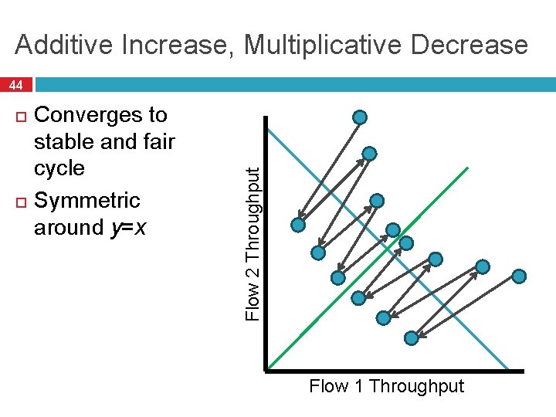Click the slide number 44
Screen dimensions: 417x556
click(16, 84)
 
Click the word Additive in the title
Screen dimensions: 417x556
click(61, 45)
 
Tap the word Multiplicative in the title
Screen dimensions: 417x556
click(325, 45)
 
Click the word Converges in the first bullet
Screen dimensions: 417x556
click(101, 115)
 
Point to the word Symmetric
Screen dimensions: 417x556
click(88, 200)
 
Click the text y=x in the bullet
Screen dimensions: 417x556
click(131, 227)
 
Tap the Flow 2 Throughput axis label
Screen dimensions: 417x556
click(252, 245)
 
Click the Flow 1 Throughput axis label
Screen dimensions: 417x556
click(386, 386)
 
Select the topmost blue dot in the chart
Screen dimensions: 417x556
click(360, 117)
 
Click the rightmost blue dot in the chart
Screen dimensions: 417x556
click(520, 276)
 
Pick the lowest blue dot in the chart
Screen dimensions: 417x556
click(412, 337)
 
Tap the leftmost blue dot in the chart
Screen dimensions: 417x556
click(298, 225)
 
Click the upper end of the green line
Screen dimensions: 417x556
click(466, 168)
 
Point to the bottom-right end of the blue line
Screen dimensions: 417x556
click(507, 368)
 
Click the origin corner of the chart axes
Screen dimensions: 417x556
click(266, 369)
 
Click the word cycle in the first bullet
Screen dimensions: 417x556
click(59, 168)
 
